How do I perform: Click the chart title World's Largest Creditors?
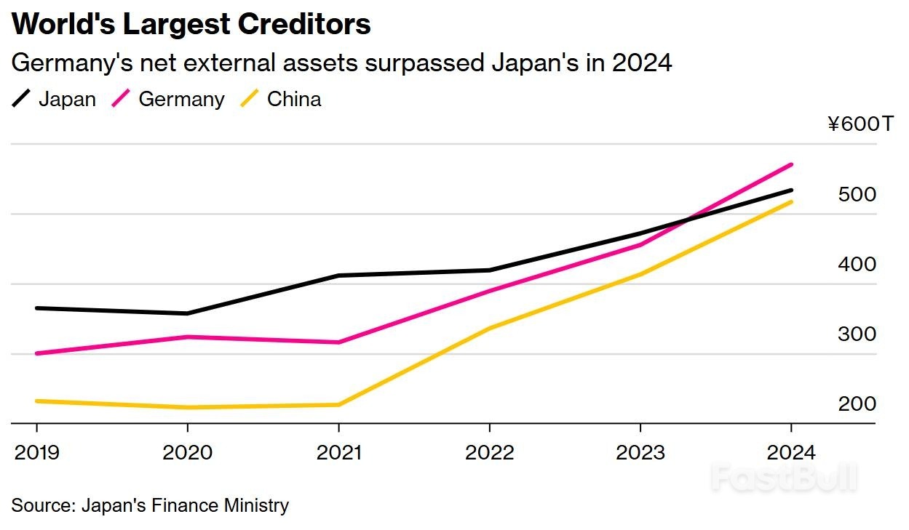tap(191, 24)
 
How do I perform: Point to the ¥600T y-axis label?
tap(860, 125)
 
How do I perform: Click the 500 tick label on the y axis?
tap(857, 195)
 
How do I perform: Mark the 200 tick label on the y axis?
tap(857, 404)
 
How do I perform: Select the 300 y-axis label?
tap(857, 334)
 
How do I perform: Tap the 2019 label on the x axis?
tap(36, 452)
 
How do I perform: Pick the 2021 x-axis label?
tap(339, 452)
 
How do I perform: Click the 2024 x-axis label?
tap(791, 452)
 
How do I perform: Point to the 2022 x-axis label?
tap(490, 452)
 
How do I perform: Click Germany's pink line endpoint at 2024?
tap(791, 165)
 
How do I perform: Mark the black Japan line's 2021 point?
tap(339, 276)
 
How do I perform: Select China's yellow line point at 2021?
tap(339, 404)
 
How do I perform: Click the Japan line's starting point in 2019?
tap(36, 308)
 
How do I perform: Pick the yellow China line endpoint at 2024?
tap(791, 201)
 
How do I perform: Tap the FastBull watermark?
tap(784, 478)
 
